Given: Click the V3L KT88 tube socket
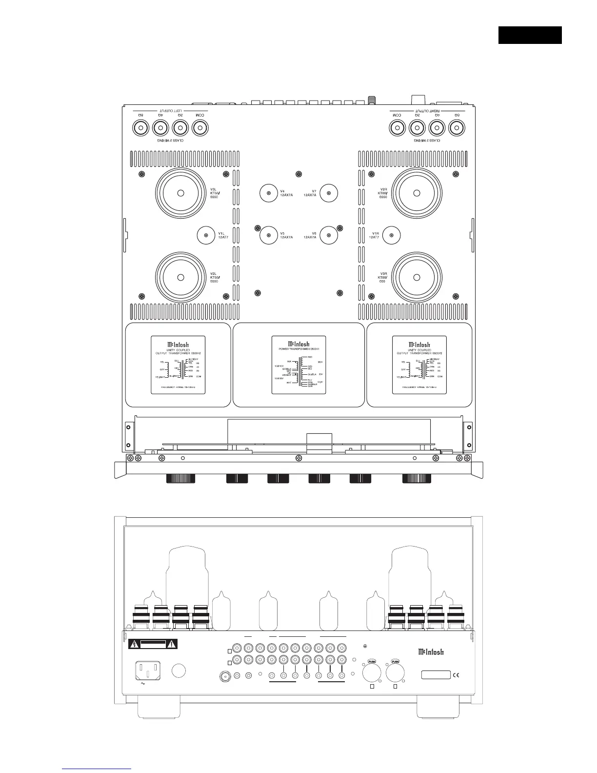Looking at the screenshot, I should tap(180, 193).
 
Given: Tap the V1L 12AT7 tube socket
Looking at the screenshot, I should tap(206, 236).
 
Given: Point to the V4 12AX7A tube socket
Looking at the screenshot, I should tap(269, 193).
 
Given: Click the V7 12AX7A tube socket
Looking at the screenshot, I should tap(329, 193).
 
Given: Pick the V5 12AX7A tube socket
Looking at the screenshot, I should tap(269, 236).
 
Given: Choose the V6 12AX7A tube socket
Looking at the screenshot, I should tap(329, 236).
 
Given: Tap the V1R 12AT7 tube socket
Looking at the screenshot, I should tap(392, 236).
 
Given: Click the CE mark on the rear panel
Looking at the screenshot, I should tap(456, 675).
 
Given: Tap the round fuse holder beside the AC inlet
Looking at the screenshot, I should tap(179, 671).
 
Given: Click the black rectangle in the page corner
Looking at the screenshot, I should tap(530, 35).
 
